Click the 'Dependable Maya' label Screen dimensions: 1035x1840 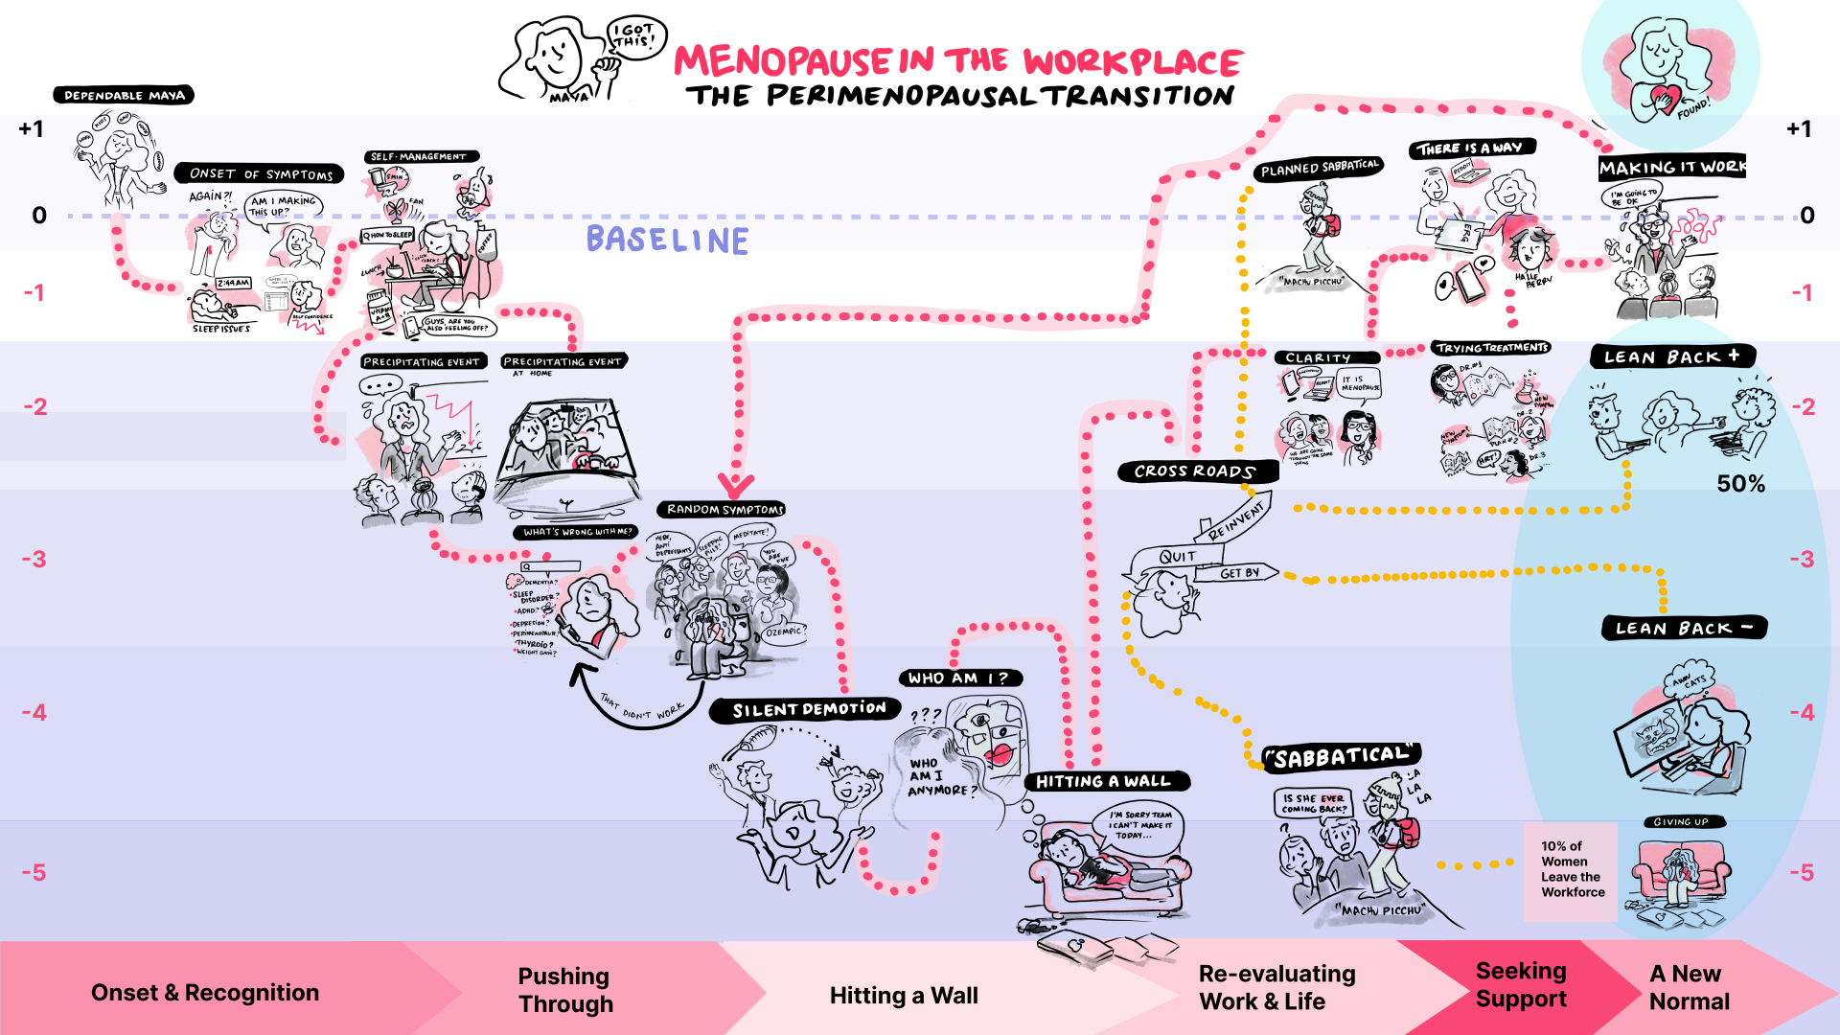click(x=124, y=95)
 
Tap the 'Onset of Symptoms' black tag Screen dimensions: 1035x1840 click(x=260, y=173)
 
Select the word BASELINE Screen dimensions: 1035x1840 click(x=667, y=240)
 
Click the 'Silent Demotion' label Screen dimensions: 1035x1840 click(x=808, y=710)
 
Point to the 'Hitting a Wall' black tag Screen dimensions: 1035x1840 click(x=1103, y=782)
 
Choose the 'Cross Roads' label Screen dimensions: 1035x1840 click(x=1194, y=471)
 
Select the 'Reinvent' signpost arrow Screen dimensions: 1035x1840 click(x=1239, y=518)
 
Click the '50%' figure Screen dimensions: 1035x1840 click(x=1740, y=484)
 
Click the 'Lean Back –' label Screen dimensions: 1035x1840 click(x=1684, y=629)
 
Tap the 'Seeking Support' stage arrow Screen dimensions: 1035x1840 click(x=1521, y=985)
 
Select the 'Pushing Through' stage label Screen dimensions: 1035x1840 click(x=565, y=990)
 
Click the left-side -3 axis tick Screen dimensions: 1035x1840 click(x=34, y=559)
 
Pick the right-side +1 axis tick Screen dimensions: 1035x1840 click(x=1800, y=129)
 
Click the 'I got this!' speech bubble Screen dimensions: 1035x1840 click(x=634, y=36)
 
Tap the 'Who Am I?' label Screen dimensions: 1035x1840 click(x=958, y=678)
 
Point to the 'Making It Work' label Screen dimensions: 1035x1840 click(x=1671, y=167)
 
